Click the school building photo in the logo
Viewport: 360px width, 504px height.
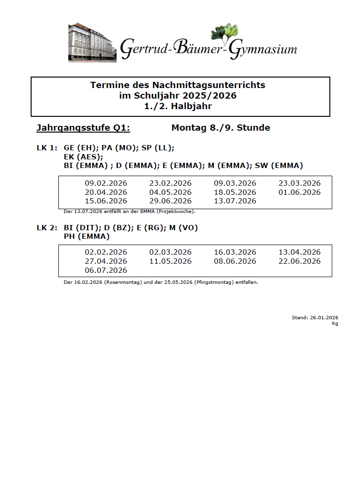coord(92,42)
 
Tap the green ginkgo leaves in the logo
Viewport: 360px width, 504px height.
coord(225,33)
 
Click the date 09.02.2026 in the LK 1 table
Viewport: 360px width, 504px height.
coord(106,183)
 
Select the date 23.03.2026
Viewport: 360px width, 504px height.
coord(300,183)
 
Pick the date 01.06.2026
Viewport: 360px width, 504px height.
coord(300,192)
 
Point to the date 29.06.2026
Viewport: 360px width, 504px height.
coord(170,201)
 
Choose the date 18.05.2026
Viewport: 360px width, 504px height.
coord(235,192)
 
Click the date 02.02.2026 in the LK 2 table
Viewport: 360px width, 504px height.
coord(106,252)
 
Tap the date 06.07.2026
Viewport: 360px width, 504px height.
coord(106,270)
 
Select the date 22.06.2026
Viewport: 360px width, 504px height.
coord(300,261)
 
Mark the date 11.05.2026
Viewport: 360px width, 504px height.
coord(170,261)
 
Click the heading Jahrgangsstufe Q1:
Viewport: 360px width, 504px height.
coord(83,128)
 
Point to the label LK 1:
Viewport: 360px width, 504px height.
coord(47,148)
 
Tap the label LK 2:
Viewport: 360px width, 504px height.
coord(47,228)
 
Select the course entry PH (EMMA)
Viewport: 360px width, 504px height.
coord(87,236)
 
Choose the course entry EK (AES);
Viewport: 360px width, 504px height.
coord(83,157)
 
